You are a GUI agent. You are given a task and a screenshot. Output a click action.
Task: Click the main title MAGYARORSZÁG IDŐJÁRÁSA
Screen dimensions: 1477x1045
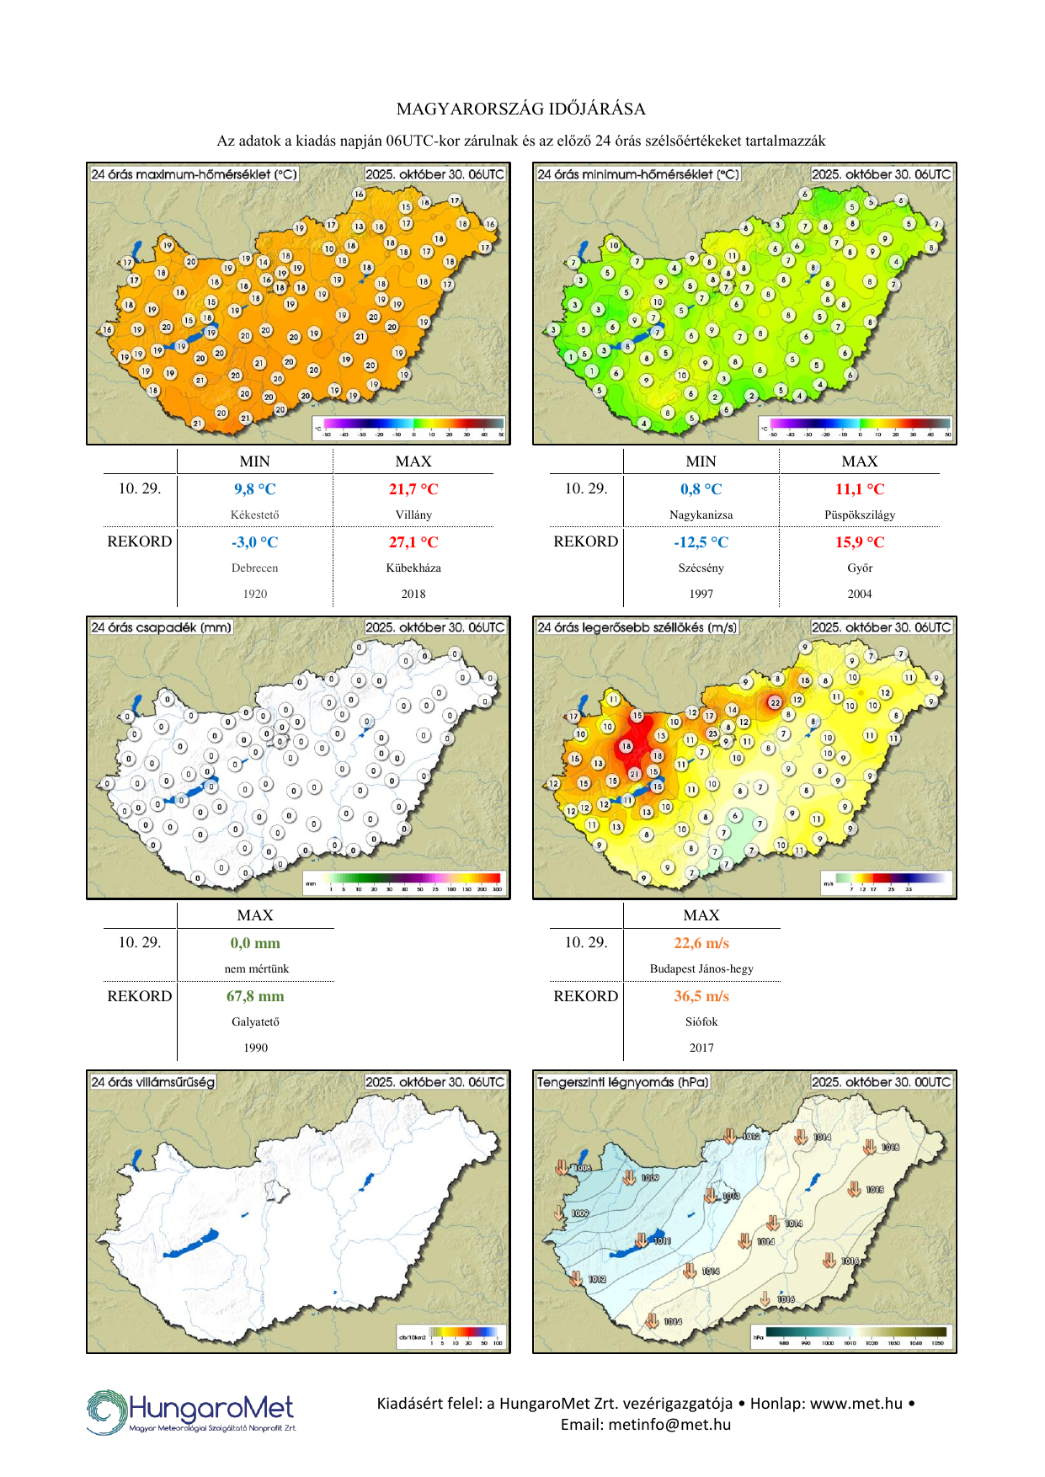(x=521, y=109)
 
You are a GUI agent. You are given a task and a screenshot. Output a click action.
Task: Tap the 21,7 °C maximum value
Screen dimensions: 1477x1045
(x=413, y=489)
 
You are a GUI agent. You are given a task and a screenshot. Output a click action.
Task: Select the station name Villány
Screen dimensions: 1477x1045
(x=413, y=515)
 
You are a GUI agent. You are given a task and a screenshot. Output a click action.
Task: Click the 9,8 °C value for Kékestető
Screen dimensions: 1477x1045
(x=254, y=489)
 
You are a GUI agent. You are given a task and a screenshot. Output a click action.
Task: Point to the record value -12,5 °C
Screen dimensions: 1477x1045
(x=701, y=542)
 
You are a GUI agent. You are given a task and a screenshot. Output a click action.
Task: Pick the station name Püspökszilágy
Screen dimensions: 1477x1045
(x=859, y=515)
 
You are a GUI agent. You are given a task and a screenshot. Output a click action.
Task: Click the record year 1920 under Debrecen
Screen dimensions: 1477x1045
(x=254, y=594)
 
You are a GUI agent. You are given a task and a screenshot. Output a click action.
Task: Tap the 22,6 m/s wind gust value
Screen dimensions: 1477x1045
(x=701, y=943)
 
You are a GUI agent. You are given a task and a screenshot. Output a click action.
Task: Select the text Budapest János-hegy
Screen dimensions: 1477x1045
(x=701, y=968)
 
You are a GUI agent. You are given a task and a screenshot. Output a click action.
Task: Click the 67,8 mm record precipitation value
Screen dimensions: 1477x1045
(x=254, y=996)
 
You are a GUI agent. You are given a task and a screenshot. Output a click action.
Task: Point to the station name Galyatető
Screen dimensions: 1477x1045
(x=254, y=1021)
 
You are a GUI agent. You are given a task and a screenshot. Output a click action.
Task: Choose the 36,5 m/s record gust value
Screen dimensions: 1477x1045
(x=701, y=996)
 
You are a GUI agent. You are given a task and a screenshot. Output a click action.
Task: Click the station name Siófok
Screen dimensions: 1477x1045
(x=701, y=1021)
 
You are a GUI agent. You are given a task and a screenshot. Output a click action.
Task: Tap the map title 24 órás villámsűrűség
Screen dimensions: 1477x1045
(x=152, y=1082)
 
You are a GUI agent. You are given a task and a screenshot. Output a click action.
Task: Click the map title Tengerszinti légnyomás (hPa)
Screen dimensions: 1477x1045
(x=623, y=1082)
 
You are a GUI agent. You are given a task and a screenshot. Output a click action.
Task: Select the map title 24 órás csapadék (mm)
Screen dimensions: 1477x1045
(x=161, y=627)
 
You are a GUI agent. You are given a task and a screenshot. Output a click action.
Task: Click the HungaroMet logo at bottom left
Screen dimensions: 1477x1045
(x=191, y=1412)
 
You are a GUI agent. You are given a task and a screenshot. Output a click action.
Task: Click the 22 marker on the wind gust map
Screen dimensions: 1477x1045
(x=775, y=702)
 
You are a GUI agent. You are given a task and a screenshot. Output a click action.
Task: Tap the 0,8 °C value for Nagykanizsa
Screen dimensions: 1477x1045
(x=701, y=489)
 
